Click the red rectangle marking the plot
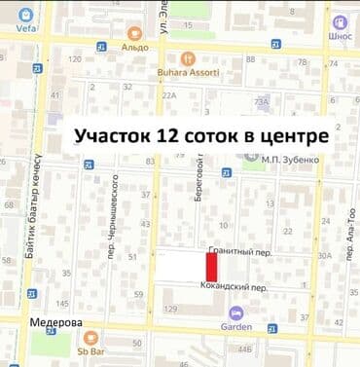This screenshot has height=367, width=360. click(211, 266)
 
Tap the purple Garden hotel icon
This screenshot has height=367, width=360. click(235, 312)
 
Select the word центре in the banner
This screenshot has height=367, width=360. click(293, 136)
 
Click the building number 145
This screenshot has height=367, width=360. click(62, 303)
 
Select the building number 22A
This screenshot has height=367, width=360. click(168, 95)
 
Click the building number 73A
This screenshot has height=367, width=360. click(261, 101)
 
